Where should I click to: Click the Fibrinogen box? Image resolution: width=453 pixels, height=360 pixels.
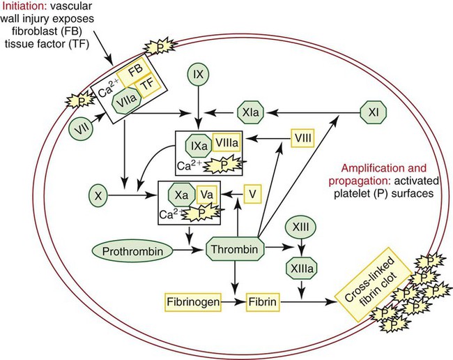tap(192, 303)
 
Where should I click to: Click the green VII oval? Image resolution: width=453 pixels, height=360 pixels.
tap(83, 128)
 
